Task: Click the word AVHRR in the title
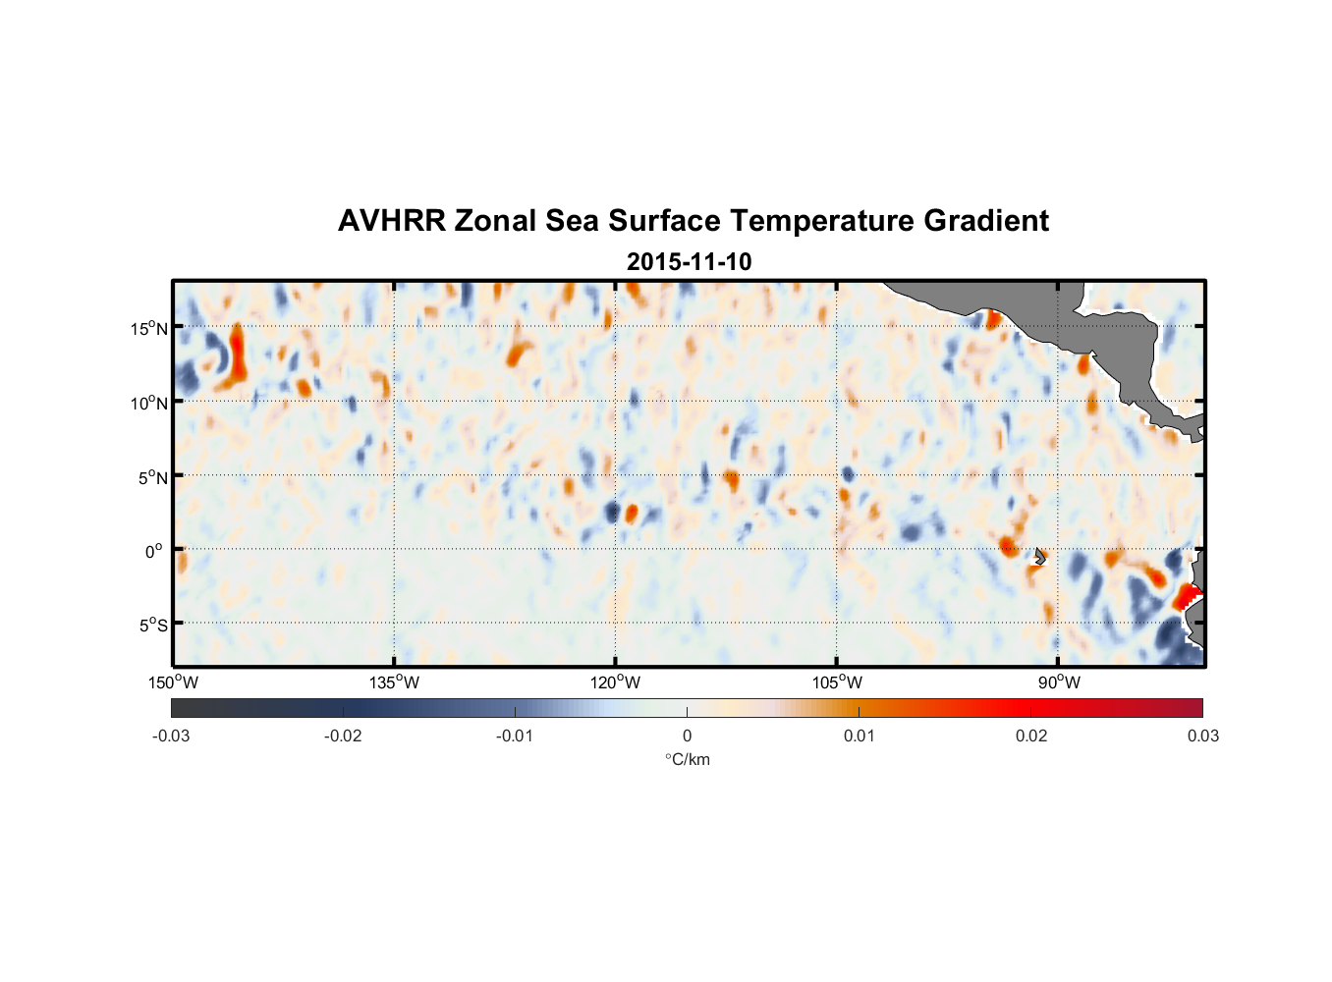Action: click(391, 221)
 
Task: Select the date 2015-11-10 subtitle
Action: click(689, 262)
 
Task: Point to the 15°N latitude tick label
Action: click(149, 328)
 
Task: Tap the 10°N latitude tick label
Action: click(149, 403)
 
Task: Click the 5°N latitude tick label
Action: click(152, 477)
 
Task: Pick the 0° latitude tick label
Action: click(154, 551)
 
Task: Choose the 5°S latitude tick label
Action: click(152, 625)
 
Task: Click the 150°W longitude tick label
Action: click(174, 682)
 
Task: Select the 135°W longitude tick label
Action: click(395, 682)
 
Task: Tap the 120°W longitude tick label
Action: click(616, 682)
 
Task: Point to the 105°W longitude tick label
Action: click(837, 682)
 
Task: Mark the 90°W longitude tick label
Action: click(1059, 682)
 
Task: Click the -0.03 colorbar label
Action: click(171, 736)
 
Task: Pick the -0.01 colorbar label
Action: click(515, 736)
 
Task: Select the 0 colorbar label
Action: click(687, 736)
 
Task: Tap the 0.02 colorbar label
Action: click(1031, 736)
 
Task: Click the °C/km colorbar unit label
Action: click(688, 759)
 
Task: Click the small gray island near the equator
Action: click(1040, 556)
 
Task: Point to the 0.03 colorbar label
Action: click(1202, 736)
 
